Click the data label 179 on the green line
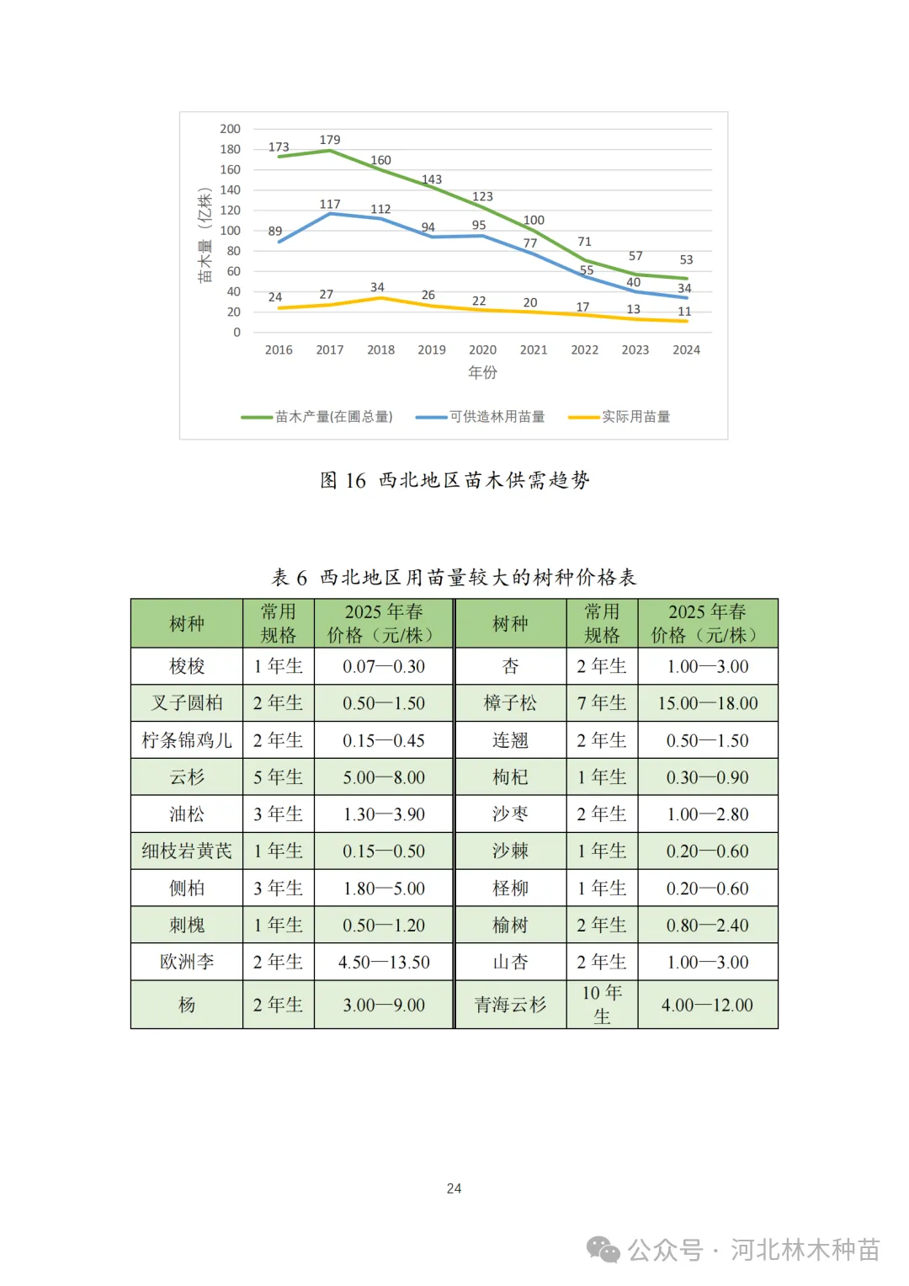pyautogui.click(x=330, y=140)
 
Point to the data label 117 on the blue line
pyautogui.click(x=330, y=204)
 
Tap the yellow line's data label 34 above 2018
pyautogui.click(x=377, y=287)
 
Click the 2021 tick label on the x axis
pyautogui.click(x=534, y=350)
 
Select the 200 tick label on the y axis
pyautogui.click(x=230, y=129)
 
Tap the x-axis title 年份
pyautogui.click(x=482, y=372)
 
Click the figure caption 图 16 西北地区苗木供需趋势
pyautogui.click(x=454, y=480)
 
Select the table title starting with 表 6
pyautogui.click(x=454, y=577)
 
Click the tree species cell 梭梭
pyautogui.click(x=187, y=666)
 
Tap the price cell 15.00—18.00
pyautogui.click(x=708, y=703)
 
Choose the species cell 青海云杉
pyautogui.click(x=510, y=1005)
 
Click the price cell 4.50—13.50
pyautogui.click(x=384, y=962)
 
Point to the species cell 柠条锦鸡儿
pyautogui.click(x=187, y=740)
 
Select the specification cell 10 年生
pyautogui.click(x=602, y=1005)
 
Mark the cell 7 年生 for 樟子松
pyautogui.click(x=602, y=703)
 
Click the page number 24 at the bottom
pyautogui.click(x=454, y=1188)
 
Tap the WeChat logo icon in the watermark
pyautogui.click(x=603, y=1250)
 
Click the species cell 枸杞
pyautogui.click(x=510, y=777)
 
